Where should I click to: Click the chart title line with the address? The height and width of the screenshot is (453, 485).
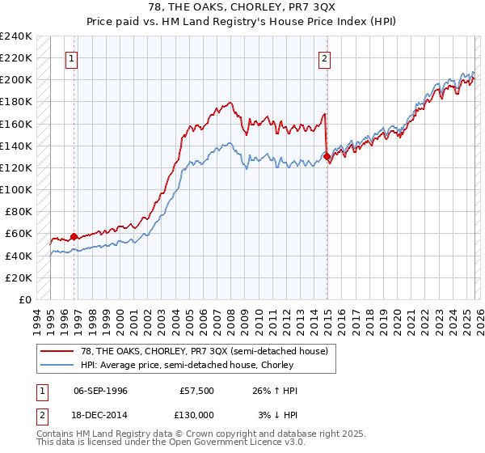242,7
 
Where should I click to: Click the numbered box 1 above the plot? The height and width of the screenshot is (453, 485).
72,58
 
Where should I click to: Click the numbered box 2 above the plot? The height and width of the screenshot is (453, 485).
324,58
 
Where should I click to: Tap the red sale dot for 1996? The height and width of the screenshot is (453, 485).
74,236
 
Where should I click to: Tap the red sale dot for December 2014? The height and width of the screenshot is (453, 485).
327,156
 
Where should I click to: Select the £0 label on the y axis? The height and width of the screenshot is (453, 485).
24,299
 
